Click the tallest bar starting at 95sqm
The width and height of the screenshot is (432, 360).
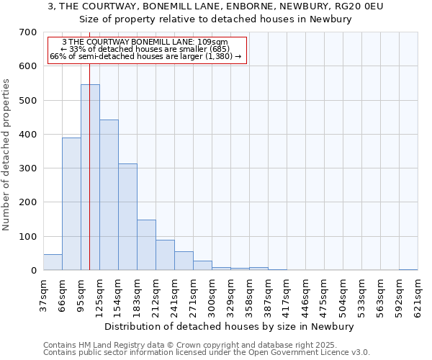pos(90,177)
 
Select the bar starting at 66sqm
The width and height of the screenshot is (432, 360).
pos(71,204)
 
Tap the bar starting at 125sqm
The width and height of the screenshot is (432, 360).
pos(109,195)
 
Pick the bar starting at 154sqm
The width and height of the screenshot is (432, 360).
pos(127,217)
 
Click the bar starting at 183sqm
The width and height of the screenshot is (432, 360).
pos(146,245)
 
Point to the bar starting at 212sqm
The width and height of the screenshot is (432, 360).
pos(165,255)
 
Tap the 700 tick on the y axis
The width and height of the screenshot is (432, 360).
pos(28,32)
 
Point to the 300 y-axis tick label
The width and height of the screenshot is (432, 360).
pos(28,168)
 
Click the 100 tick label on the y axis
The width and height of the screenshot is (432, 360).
pos(28,236)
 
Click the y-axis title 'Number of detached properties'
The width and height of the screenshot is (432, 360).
pos(6,155)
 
